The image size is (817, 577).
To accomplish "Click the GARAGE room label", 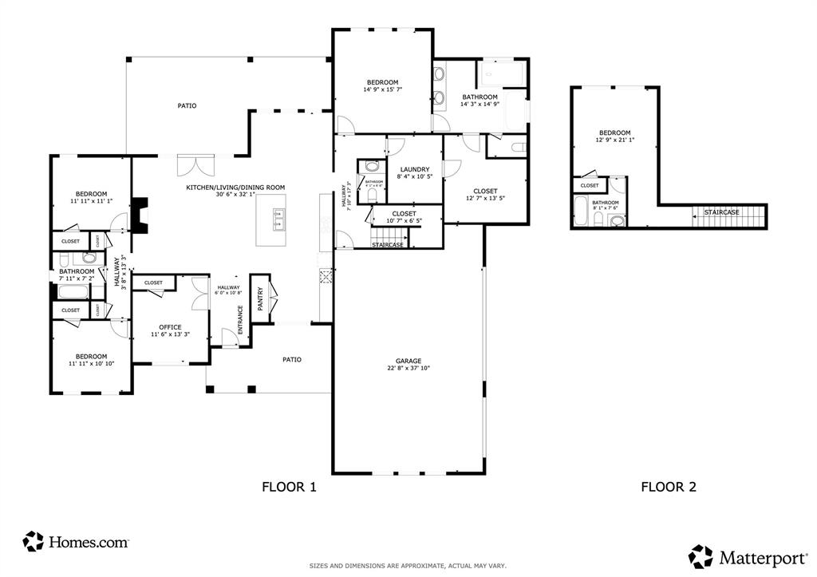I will [408, 361].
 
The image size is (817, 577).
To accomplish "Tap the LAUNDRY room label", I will [415, 169].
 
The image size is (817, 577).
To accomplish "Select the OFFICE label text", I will [170, 327].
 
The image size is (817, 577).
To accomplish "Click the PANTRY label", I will [260, 298].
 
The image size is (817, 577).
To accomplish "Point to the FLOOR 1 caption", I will [290, 487].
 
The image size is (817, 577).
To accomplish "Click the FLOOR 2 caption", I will [669, 487].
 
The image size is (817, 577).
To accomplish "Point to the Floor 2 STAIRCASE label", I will [721, 212].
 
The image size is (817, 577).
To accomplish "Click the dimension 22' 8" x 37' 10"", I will [408, 369].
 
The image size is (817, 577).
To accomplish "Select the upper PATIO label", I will [187, 105].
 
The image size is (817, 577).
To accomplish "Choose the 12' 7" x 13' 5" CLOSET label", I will [484, 191].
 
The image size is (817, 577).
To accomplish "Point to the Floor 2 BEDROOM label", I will [614, 132].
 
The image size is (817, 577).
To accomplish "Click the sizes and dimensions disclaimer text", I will [408, 566].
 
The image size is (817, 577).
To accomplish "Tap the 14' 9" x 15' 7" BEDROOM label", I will [382, 82].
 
